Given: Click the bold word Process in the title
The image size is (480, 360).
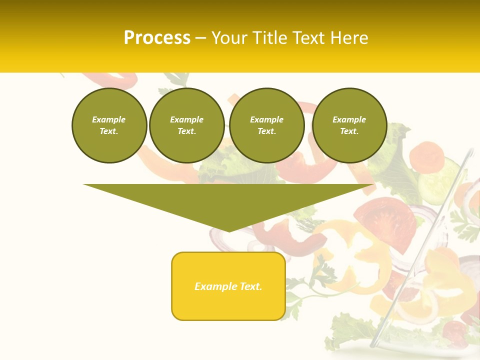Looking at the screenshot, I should [157, 38].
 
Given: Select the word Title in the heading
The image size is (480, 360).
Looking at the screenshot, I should [270, 38].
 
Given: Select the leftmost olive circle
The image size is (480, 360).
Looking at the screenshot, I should [109, 125].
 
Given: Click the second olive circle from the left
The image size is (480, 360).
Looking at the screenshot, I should [187, 125].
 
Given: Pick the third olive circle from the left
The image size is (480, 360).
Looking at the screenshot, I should [267, 125].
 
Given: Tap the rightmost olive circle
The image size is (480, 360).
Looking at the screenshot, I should [349, 125].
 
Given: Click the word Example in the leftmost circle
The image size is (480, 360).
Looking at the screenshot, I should [109, 119].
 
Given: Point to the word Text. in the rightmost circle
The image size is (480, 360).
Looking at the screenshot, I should [349, 131].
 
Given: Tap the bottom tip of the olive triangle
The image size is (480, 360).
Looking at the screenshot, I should [229, 230].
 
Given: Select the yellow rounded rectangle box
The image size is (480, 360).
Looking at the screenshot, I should [228, 286].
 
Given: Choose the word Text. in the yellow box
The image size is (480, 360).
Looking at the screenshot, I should [251, 286].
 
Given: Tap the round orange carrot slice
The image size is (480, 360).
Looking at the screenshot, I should [429, 156].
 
